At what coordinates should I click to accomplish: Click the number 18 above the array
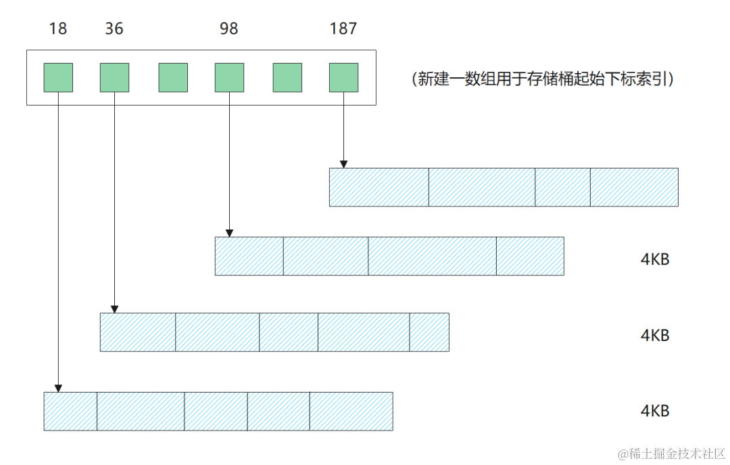[x=58, y=29]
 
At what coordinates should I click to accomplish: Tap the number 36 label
[x=114, y=29]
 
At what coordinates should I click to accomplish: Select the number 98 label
[x=229, y=29]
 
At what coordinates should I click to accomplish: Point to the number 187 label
[x=343, y=29]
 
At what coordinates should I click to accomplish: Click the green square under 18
[x=58, y=77]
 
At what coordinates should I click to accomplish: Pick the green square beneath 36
[x=114, y=77]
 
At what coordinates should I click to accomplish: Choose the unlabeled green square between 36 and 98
[x=173, y=77]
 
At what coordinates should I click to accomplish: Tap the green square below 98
[x=229, y=77]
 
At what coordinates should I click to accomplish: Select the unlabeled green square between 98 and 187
[x=287, y=77]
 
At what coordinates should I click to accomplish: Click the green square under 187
[x=343, y=77]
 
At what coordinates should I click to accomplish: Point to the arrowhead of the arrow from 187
[x=343, y=164]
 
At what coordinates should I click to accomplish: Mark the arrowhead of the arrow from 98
[x=229, y=233]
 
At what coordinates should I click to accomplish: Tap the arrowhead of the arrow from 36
[x=114, y=309]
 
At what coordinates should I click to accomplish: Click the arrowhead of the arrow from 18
[x=58, y=389]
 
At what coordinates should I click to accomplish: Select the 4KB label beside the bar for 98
[x=654, y=259]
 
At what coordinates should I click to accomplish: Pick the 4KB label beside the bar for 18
[x=654, y=411]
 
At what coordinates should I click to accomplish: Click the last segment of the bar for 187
[x=634, y=187]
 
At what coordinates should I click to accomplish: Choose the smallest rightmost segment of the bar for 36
[x=429, y=332]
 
